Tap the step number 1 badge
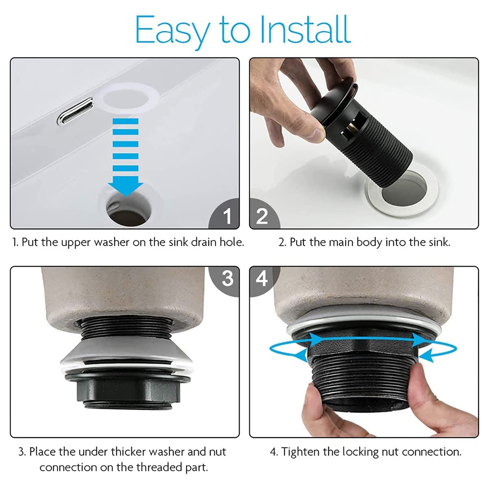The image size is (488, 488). (x=224, y=213)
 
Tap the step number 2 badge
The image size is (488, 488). (x=265, y=214)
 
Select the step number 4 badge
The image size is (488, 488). (x=264, y=281)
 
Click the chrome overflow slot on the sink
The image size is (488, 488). (x=75, y=111)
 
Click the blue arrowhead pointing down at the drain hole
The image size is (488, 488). (x=126, y=186)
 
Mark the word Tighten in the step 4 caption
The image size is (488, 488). (x=300, y=452)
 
